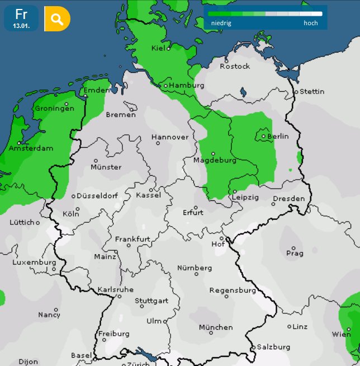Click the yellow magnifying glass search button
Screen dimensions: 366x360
57,19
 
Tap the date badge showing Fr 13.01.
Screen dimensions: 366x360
21,18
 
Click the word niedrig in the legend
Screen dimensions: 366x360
221,23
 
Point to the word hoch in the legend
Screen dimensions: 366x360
311,23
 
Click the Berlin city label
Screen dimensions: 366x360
278,136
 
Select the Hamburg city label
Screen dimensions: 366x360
186,85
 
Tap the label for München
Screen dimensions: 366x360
215,327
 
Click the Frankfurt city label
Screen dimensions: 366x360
132,239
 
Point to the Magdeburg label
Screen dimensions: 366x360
215,160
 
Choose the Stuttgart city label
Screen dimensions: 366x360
151,301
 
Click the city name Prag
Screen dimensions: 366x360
295,253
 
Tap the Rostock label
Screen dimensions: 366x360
235,66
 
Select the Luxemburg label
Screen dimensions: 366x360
34,262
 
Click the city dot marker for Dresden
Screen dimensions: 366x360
273,204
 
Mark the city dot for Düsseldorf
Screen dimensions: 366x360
73,196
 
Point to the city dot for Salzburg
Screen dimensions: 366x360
253,348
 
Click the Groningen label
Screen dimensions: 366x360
54,109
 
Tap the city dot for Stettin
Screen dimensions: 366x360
296,91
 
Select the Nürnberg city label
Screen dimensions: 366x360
195,268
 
